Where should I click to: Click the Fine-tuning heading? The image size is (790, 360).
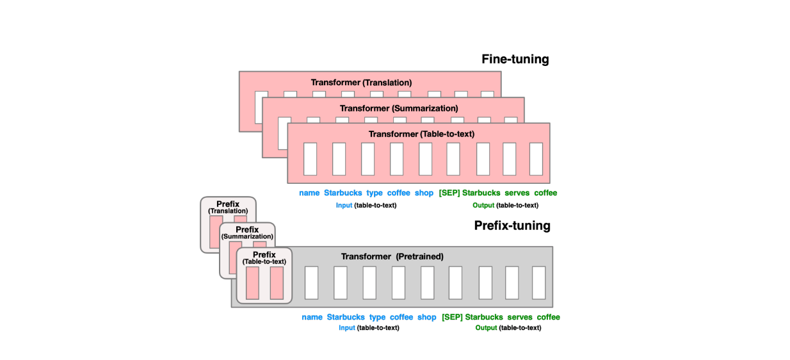[515, 60]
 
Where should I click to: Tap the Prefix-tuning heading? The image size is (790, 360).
[512, 225]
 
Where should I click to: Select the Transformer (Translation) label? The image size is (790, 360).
[361, 83]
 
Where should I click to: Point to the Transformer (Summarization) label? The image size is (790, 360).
[399, 108]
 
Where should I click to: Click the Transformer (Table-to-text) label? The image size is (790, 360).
[421, 134]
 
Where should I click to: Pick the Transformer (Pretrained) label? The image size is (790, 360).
[392, 256]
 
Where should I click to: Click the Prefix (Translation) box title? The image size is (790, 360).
[228, 207]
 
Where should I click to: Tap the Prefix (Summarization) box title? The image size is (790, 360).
[247, 233]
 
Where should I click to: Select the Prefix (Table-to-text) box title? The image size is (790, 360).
[264, 258]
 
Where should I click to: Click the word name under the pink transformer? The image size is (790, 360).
[309, 193]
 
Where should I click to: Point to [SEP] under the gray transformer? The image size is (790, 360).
[452, 317]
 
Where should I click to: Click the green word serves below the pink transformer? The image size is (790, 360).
[517, 193]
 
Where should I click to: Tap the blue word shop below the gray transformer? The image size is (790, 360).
[426, 317]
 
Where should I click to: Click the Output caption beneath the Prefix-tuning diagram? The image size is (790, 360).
[508, 328]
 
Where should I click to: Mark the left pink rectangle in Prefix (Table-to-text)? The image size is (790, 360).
[252, 283]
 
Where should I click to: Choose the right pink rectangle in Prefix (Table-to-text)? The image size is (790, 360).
[277, 283]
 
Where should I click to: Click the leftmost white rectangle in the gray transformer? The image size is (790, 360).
[311, 283]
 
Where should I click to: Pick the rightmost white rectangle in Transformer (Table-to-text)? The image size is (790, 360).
[536, 159]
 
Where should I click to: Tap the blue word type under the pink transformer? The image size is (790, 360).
[375, 193]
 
